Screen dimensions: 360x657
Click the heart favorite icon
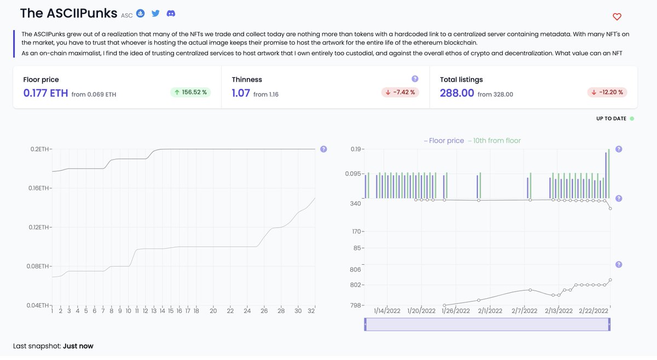click(x=617, y=17)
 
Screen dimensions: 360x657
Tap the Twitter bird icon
click(x=156, y=13)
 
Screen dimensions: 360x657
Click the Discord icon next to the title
click(x=171, y=13)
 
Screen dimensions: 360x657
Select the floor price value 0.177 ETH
click(x=45, y=93)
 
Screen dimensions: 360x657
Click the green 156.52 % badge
click(x=191, y=92)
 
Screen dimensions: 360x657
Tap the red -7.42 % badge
click(x=400, y=92)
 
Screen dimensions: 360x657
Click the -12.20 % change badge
click(x=608, y=92)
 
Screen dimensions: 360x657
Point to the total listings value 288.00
click(x=457, y=93)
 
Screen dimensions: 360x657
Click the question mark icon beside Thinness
click(x=414, y=79)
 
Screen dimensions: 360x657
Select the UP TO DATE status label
click(x=611, y=118)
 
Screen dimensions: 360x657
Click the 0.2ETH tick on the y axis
click(x=39, y=149)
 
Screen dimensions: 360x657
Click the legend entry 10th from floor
click(x=495, y=141)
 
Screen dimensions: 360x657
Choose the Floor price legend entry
click(x=445, y=141)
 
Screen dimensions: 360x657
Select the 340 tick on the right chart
click(x=355, y=204)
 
